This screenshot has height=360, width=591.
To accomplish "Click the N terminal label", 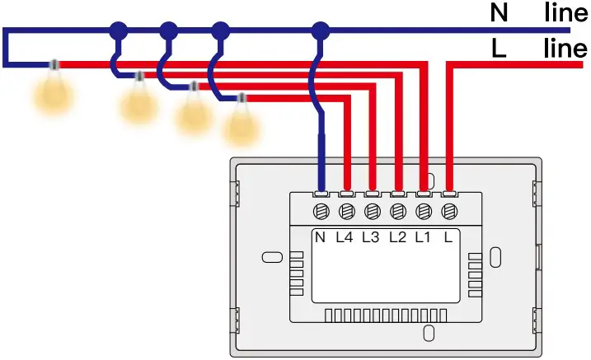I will coord(321,238).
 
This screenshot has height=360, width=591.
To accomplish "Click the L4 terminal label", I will coord(345,238).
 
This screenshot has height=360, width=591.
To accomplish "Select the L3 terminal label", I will coord(371,238).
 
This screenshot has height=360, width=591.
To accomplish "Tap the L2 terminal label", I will coord(397,238).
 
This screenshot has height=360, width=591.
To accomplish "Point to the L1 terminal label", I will coord(423,238).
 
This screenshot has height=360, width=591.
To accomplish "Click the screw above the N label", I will coord(321,212).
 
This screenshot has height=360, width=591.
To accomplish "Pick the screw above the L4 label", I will coord(346,212).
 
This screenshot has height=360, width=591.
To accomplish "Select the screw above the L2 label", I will coord(397,212).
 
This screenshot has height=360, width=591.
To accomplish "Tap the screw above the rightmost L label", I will coord(449,212).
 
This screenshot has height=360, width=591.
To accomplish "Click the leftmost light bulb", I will coord(54,91).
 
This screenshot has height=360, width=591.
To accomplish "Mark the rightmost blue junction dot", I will coord(320,31).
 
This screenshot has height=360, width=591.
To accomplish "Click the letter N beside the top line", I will coord(500,14).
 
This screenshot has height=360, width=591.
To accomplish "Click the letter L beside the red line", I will coord(498,49).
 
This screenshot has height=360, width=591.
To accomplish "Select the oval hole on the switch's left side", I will coord(271,257).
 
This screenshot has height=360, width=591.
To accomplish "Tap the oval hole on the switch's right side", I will coord(495,256).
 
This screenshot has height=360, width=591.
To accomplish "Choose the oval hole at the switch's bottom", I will coord(428,333).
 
